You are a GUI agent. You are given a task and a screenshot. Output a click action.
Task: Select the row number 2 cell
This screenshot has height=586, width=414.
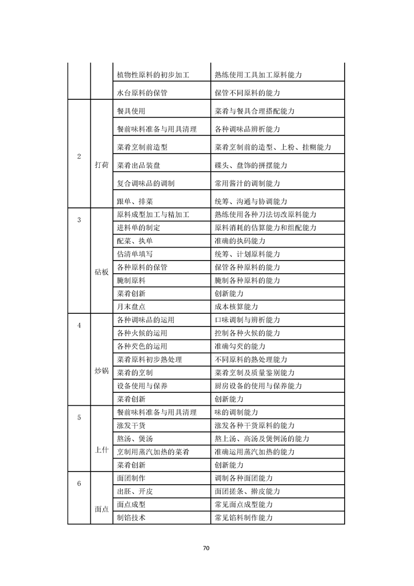pyautogui.click(x=79, y=157)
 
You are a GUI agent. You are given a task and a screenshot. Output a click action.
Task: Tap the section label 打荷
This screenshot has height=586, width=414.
pyautogui.click(x=102, y=165)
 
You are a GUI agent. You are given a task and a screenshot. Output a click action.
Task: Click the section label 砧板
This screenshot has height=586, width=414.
pyautogui.click(x=102, y=272)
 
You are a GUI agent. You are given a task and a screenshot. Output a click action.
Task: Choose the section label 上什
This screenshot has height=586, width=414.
pyautogui.click(x=102, y=451)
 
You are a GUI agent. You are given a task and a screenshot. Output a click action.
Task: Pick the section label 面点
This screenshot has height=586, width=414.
pyautogui.click(x=102, y=509)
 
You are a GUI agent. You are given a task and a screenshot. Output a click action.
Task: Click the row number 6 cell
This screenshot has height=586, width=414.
pyautogui.click(x=79, y=483)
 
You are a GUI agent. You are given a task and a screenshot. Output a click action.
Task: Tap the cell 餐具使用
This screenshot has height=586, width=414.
pyautogui.click(x=131, y=111)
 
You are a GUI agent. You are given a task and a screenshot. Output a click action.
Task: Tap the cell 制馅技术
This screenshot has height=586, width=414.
pyautogui.click(x=131, y=518)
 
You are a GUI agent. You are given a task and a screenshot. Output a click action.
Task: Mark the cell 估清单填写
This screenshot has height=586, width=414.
pyautogui.click(x=135, y=254)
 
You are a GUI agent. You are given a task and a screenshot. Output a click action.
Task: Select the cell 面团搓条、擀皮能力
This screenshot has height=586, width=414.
pyautogui.click(x=247, y=491)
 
